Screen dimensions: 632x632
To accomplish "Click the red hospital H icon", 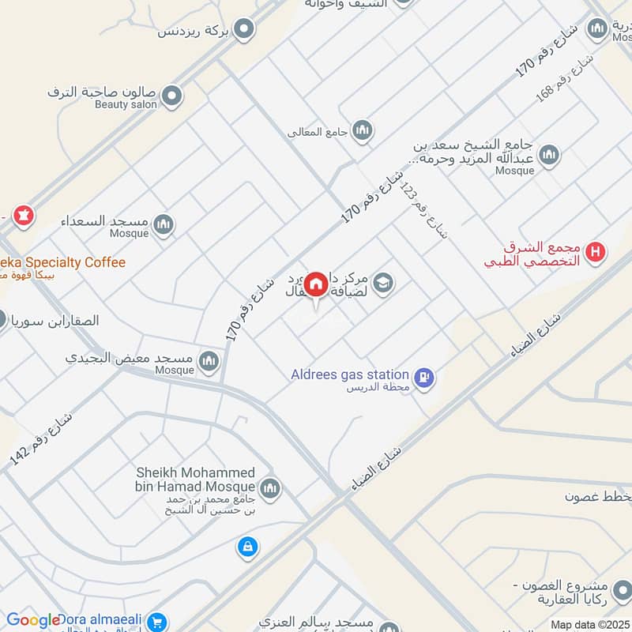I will click(x=596, y=253).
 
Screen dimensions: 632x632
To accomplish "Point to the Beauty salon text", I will click(x=126, y=104).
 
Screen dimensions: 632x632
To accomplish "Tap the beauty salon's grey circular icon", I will click(x=171, y=97).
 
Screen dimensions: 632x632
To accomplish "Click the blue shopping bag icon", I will click(x=248, y=546).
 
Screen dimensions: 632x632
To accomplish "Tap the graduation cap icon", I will click(x=383, y=282).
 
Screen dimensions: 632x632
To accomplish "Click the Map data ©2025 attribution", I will click(x=590, y=625).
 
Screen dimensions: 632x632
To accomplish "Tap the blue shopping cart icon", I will click(x=157, y=623).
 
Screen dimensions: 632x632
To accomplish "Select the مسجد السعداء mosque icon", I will click(x=164, y=224).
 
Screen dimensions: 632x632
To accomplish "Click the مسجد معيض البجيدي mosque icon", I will click(x=209, y=361).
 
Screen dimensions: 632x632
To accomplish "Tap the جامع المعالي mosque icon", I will click(x=363, y=130).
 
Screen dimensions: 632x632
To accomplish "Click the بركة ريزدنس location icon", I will click(x=245, y=30).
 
